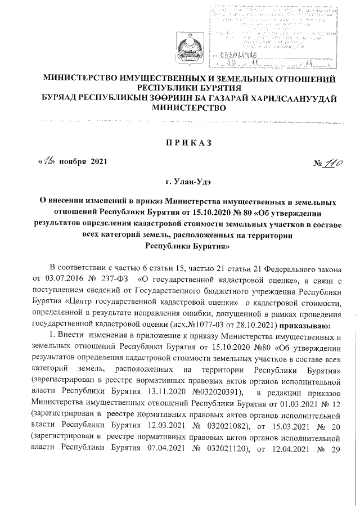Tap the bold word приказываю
tap(306, 325)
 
